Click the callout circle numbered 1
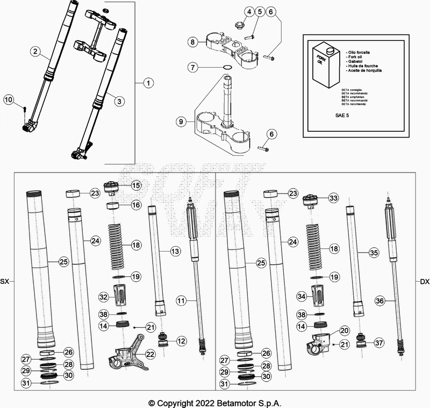point(148,83)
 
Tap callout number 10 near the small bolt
point(9,99)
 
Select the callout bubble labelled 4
point(249,12)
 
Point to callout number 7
point(191,67)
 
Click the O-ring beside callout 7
point(227,67)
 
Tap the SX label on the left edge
point(5,282)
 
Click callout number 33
point(333,198)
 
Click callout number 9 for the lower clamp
point(182,123)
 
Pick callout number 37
point(379,343)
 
